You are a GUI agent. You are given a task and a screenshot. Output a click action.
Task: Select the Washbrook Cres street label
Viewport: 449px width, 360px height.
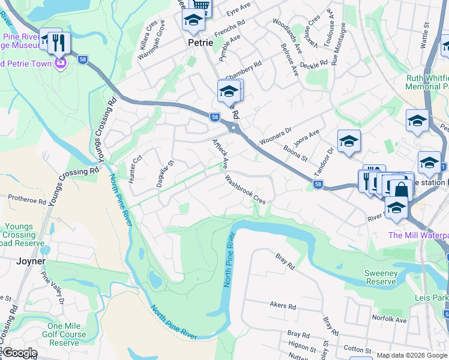[245, 189]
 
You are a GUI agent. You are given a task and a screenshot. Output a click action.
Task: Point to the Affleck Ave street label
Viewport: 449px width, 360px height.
[220, 154]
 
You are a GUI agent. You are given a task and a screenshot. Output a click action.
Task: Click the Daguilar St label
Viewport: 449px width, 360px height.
[164, 173]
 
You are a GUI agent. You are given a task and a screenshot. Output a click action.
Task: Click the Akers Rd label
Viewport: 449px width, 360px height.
[283, 307]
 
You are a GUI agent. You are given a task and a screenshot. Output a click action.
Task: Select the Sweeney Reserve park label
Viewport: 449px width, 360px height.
[381, 277]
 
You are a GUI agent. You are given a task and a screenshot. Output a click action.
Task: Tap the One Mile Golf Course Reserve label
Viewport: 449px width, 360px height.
[64, 334]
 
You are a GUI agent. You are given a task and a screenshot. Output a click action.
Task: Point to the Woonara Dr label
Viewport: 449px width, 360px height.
[275, 135]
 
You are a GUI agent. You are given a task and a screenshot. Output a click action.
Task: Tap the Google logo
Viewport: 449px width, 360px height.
[19, 353]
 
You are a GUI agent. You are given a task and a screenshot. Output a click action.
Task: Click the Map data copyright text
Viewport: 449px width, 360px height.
[411, 355]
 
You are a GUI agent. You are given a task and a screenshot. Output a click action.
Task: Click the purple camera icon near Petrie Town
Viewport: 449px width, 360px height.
[60, 62]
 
